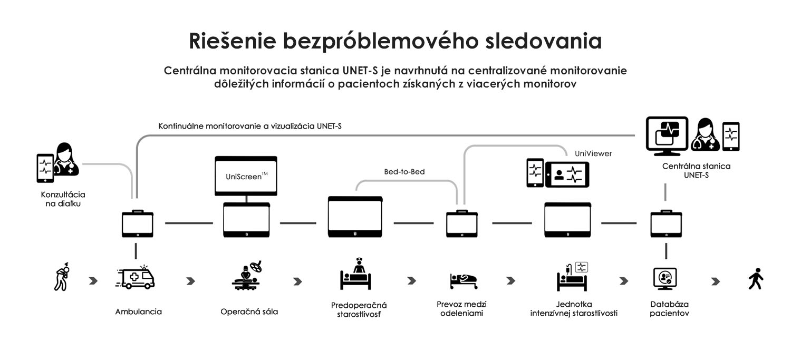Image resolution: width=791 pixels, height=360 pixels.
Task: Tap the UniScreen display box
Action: tap(246, 176)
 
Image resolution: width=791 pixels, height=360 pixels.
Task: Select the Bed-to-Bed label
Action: tap(404, 172)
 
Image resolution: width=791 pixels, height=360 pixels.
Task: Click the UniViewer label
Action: tap(593, 153)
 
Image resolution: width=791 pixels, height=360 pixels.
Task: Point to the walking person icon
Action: tap(756, 279)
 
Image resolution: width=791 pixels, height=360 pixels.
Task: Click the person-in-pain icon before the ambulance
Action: tap(62, 277)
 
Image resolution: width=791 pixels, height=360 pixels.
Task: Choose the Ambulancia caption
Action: tap(138, 312)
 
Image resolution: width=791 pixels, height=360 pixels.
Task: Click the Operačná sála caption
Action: tap(249, 312)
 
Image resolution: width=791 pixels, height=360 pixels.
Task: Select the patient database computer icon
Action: tap(665, 279)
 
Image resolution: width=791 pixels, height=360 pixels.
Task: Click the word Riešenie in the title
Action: tap(233, 41)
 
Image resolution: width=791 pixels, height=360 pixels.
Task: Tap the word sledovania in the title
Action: tap(544, 41)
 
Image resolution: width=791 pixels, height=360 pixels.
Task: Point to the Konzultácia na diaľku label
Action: tap(63, 199)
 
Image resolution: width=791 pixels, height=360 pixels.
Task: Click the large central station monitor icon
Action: tap(667, 136)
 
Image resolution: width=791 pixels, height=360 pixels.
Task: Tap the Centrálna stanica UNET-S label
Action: tap(697, 170)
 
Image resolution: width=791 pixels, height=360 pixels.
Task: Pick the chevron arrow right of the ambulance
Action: tap(191, 281)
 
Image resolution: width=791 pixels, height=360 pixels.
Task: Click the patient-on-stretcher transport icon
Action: tap(464, 281)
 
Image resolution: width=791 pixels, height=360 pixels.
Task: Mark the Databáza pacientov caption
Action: tap(670, 309)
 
